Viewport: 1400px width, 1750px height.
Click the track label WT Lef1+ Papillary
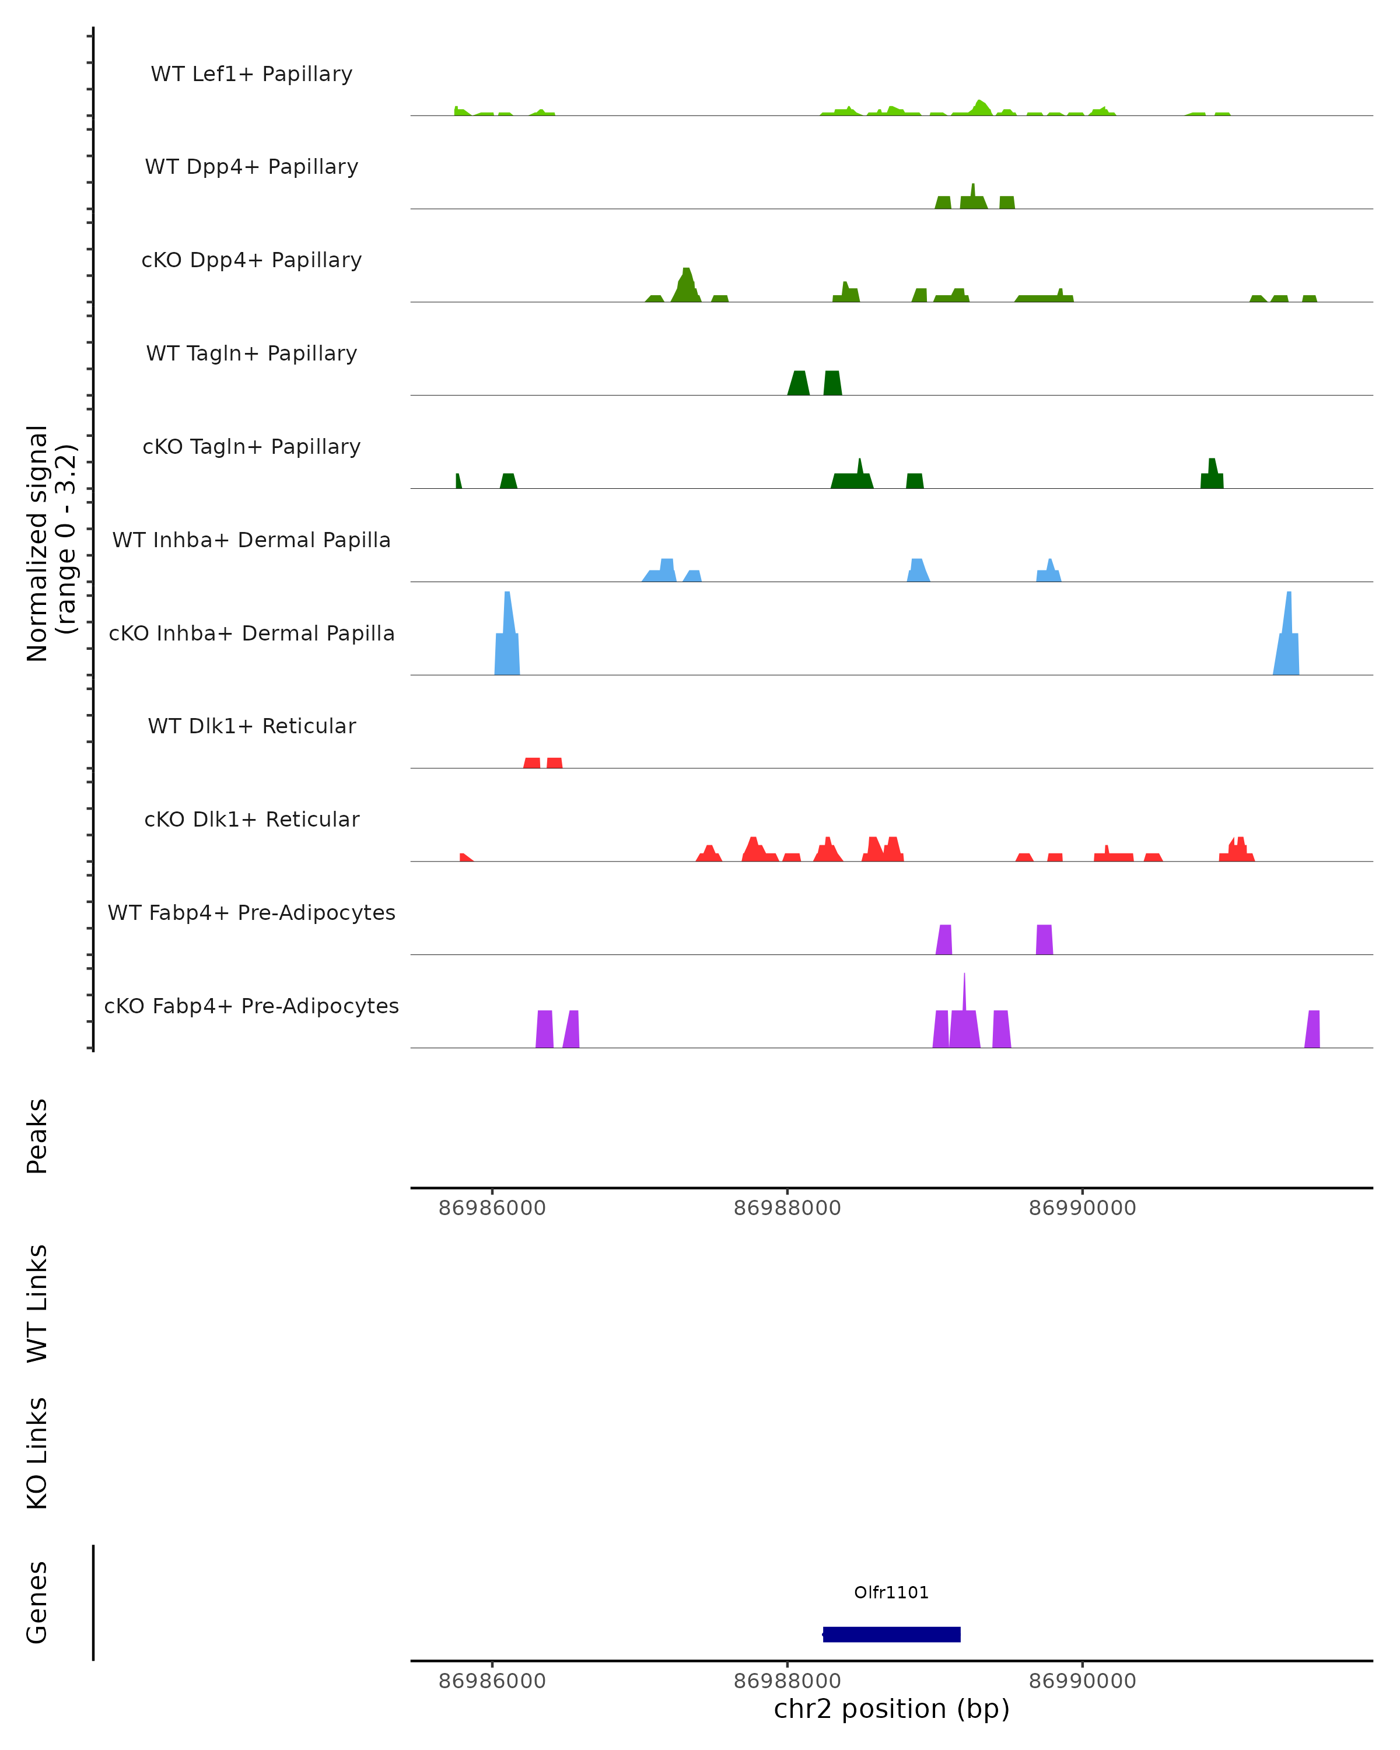pos(251,74)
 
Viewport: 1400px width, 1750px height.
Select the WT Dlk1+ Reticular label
pos(251,726)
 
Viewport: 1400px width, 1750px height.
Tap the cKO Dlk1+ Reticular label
pos(251,819)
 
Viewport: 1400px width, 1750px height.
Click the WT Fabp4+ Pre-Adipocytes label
pos(251,912)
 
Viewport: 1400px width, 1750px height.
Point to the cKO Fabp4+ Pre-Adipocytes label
pos(251,1006)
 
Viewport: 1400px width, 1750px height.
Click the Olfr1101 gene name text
pos(891,1592)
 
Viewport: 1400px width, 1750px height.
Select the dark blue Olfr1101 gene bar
pos(891,1634)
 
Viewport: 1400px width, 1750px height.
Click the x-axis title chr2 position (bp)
pos(891,1709)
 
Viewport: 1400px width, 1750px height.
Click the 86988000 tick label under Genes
pos(786,1681)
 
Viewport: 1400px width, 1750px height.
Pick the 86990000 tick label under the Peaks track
pos(1082,1208)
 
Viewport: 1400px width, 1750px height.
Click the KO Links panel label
pos(37,1453)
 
